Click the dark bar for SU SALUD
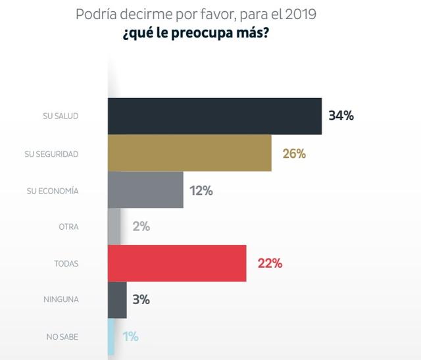tap(214, 116)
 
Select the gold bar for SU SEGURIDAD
tap(189, 153)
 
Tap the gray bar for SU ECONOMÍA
tap(145, 190)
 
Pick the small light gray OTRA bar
tap(114, 227)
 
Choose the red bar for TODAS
tap(177, 263)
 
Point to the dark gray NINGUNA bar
tap(117, 299)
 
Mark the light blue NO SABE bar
tap(111, 336)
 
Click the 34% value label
tap(341, 116)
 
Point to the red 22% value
tap(270, 263)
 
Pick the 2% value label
tap(141, 227)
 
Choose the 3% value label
tap(141, 299)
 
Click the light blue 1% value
tap(130, 336)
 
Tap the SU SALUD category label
tap(61, 116)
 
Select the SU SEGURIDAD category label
tap(51, 153)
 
